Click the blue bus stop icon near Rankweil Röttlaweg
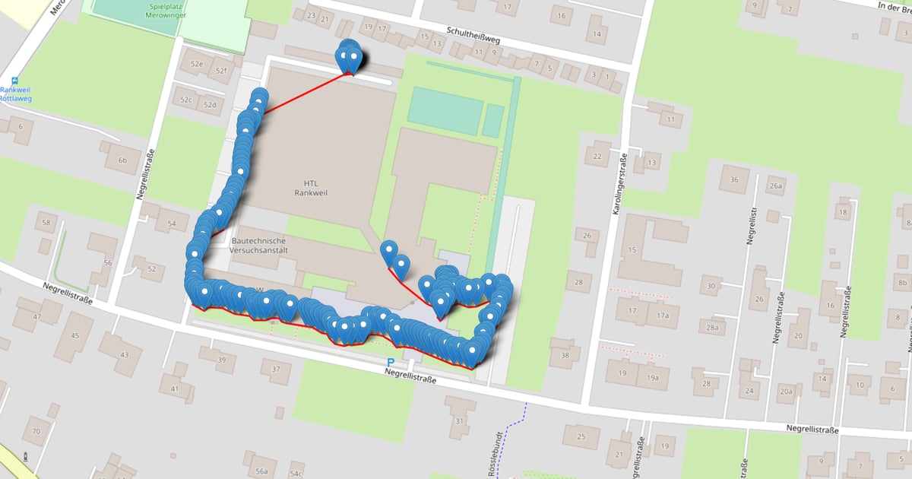point(15,81)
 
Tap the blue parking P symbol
point(391,363)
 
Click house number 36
point(733,179)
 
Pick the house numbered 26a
point(775,186)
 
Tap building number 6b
point(123,160)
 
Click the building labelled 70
point(36,432)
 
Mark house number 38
point(565,354)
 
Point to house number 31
point(459,420)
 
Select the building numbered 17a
point(663,314)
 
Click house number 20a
point(785,392)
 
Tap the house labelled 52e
point(197,64)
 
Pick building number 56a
point(261,471)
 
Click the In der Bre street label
point(894,6)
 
